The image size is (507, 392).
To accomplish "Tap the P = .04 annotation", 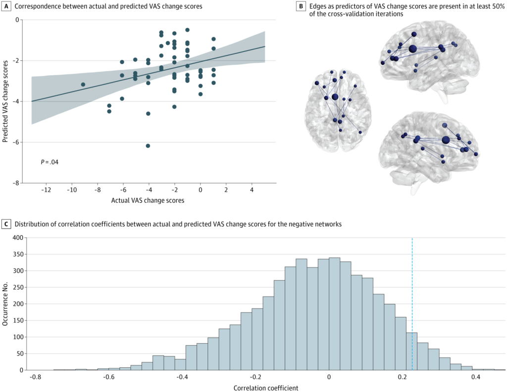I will (x=50, y=162).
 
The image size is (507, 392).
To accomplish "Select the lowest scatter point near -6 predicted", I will (x=148, y=146).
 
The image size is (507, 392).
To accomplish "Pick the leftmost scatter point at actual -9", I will (x=83, y=85).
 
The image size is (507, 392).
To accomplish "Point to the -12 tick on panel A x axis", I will (x=46, y=190).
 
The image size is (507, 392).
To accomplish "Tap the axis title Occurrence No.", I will (x=5, y=304).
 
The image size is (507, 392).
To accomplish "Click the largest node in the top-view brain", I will (x=335, y=97).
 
